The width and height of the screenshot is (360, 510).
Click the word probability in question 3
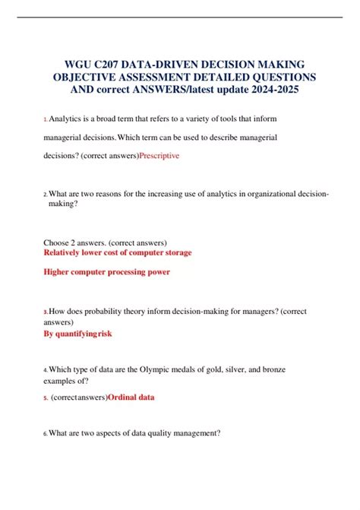[x=94, y=311]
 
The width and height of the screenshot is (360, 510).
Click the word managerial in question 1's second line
[x=70, y=137]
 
